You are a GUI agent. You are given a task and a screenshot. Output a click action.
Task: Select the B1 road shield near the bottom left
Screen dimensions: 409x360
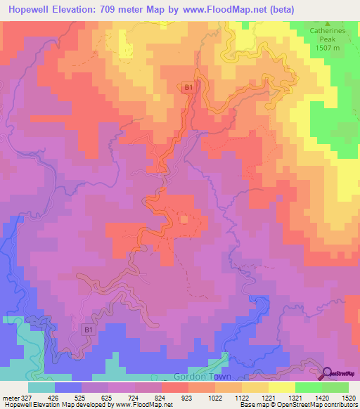[89, 329]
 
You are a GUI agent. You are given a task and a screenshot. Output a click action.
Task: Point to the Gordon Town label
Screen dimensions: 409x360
[212, 376]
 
